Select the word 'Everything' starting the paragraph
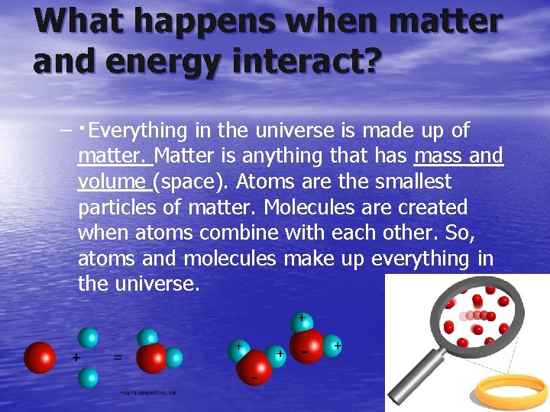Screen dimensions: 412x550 click(x=137, y=130)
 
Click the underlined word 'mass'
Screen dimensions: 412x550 click(x=440, y=156)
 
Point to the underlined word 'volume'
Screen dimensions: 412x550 click(x=112, y=182)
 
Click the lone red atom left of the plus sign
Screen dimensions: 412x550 click(x=40, y=357)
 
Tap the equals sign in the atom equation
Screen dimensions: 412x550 click(x=117, y=356)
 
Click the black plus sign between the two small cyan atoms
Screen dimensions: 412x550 click(x=76, y=356)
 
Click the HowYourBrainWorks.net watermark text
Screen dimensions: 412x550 click(x=147, y=392)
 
